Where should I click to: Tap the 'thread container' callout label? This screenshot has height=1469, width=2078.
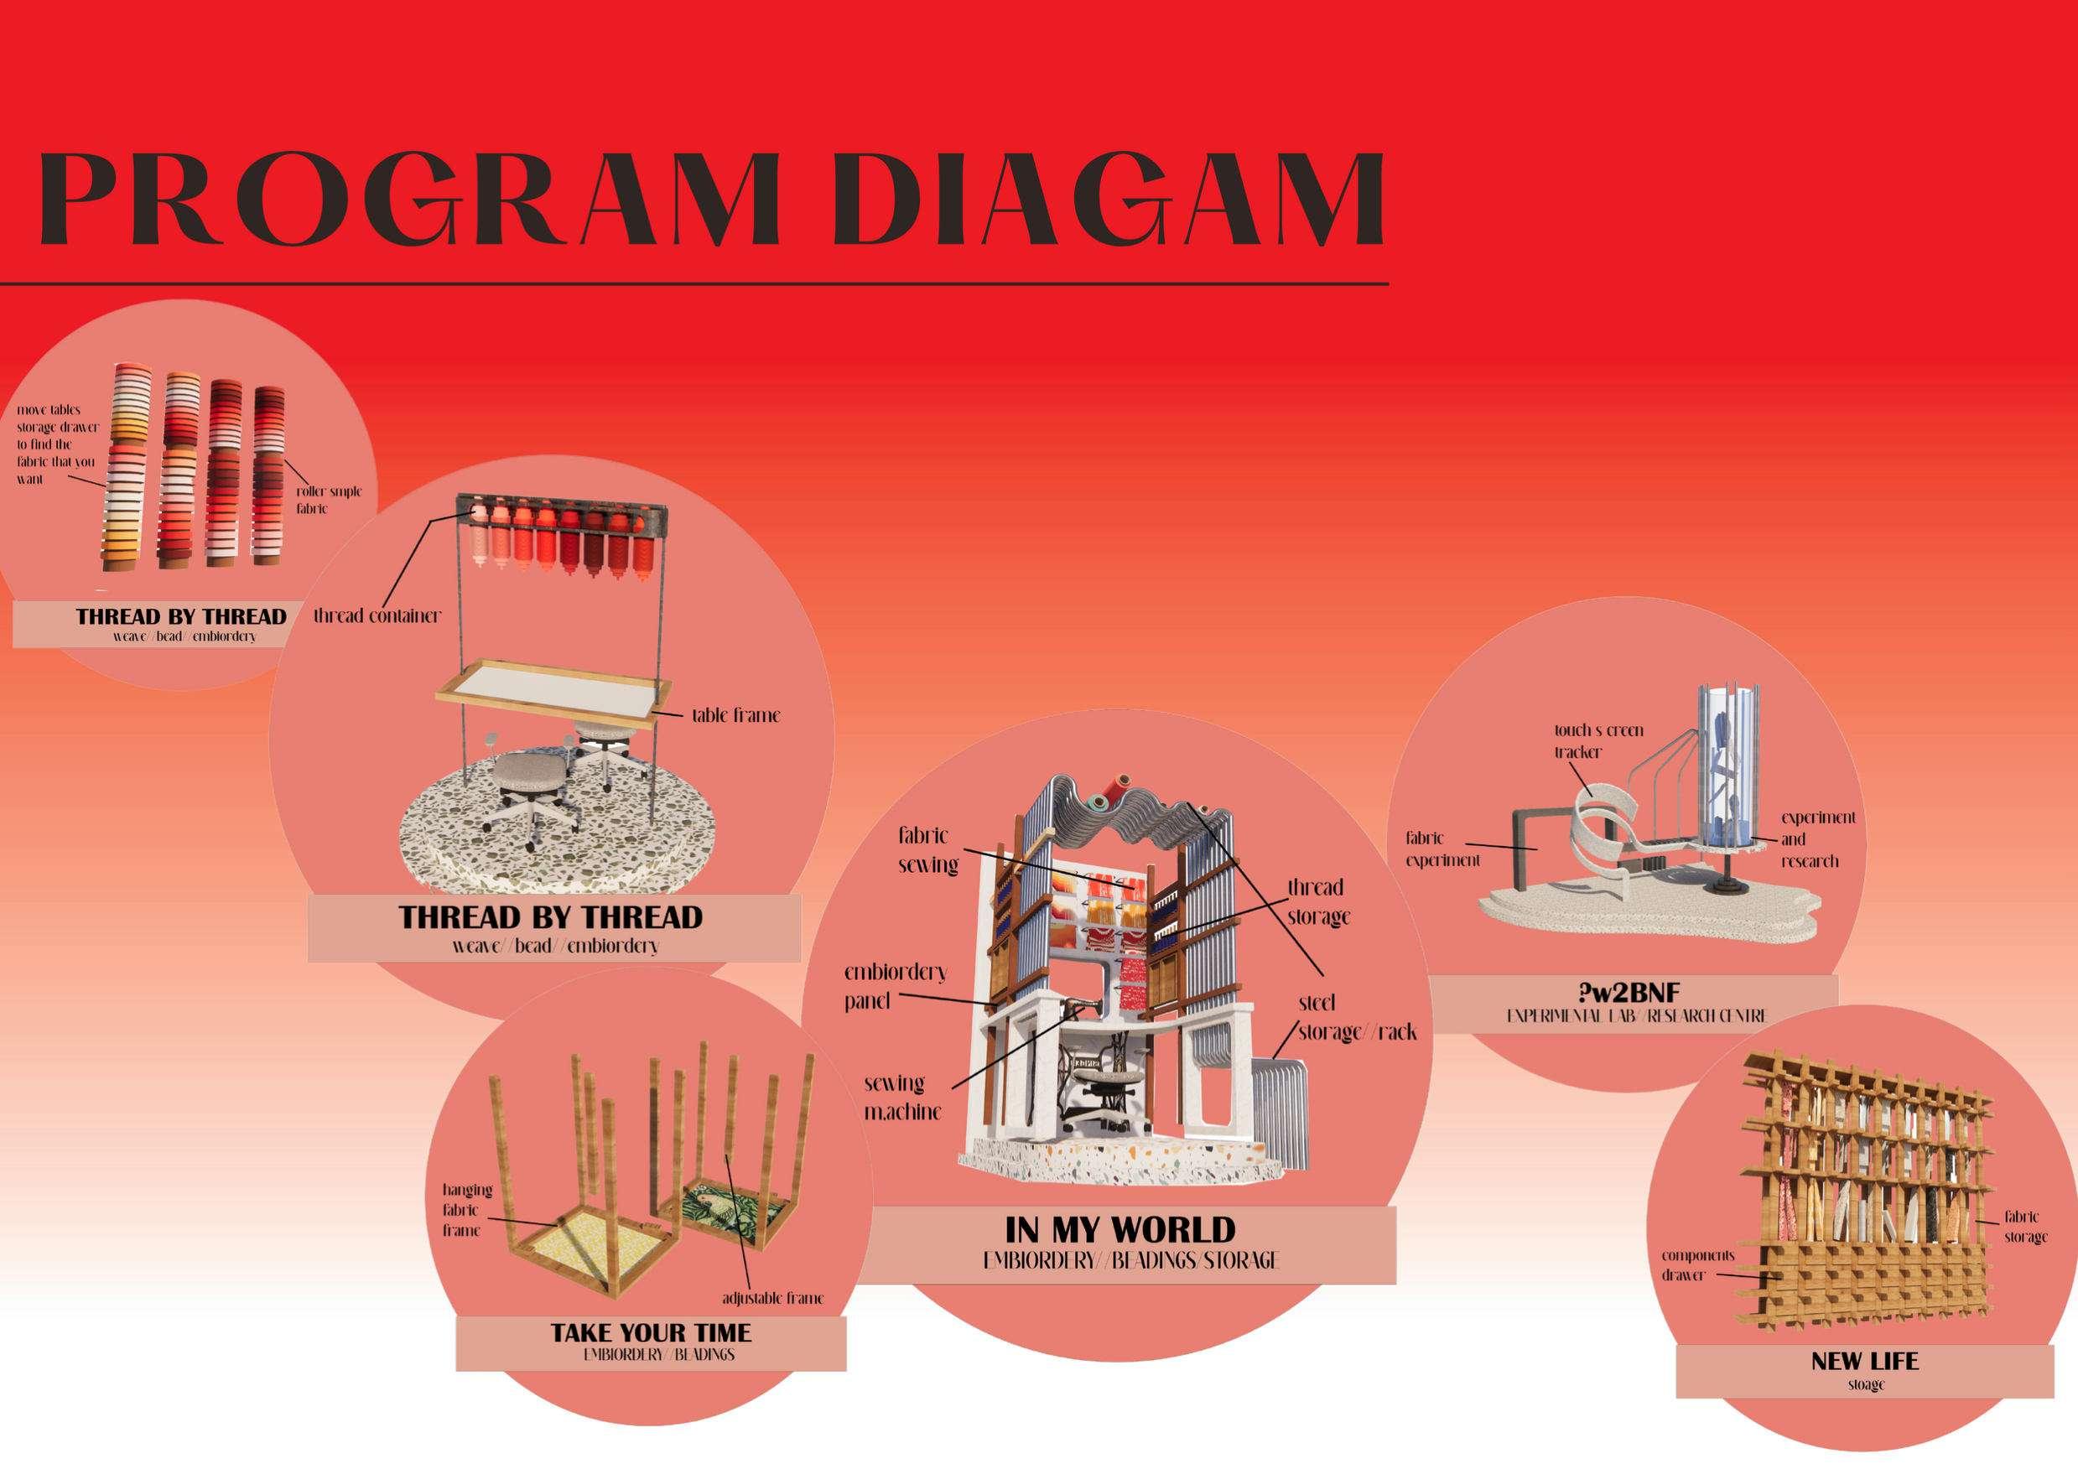[x=377, y=616]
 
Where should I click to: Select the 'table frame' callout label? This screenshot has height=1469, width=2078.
[x=735, y=716]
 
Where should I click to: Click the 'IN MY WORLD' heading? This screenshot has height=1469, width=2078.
[x=1120, y=1229]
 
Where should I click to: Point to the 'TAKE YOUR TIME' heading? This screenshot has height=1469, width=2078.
[x=651, y=1332]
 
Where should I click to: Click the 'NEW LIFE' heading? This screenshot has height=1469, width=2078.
[x=1864, y=1387]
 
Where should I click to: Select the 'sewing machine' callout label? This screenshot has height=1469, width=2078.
[x=901, y=1097]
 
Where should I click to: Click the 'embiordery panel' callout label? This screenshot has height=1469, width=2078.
[x=894, y=987]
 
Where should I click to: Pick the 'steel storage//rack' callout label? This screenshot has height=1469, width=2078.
[x=1356, y=1017]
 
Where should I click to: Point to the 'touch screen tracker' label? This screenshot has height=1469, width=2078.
[x=1598, y=740]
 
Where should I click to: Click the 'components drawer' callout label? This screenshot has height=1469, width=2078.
[x=1697, y=1265]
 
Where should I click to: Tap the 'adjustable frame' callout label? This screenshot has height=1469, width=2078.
[x=772, y=1299]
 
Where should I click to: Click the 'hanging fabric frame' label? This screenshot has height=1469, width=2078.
[x=467, y=1210]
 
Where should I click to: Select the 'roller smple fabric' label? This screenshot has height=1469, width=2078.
[x=328, y=500]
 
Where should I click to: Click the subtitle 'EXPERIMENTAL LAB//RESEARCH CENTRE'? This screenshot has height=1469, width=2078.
[x=1635, y=1016]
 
